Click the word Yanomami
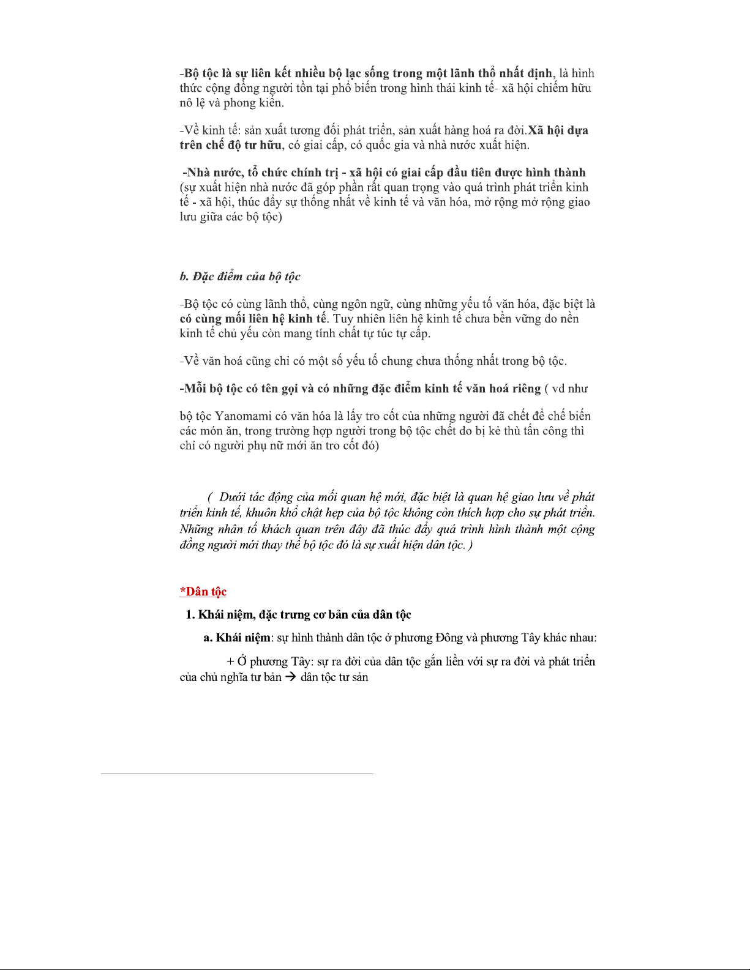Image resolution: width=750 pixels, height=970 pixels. (x=244, y=416)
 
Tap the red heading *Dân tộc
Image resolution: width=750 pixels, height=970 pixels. (x=203, y=592)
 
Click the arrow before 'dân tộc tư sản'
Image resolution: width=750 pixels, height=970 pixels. (x=291, y=677)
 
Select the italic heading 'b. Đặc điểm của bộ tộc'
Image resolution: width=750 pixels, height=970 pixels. (x=240, y=277)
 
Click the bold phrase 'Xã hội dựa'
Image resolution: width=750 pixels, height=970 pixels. (x=558, y=130)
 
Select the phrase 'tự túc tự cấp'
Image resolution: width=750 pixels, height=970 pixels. (x=397, y=334)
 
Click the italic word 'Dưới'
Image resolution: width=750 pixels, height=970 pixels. (x=233, y=497)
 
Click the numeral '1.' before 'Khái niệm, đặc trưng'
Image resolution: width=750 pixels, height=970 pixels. (x=190, y=614)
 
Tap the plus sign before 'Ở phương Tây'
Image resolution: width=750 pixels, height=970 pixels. (x=230, y=662)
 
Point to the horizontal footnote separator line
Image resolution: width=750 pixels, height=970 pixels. (x=237, y=774)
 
